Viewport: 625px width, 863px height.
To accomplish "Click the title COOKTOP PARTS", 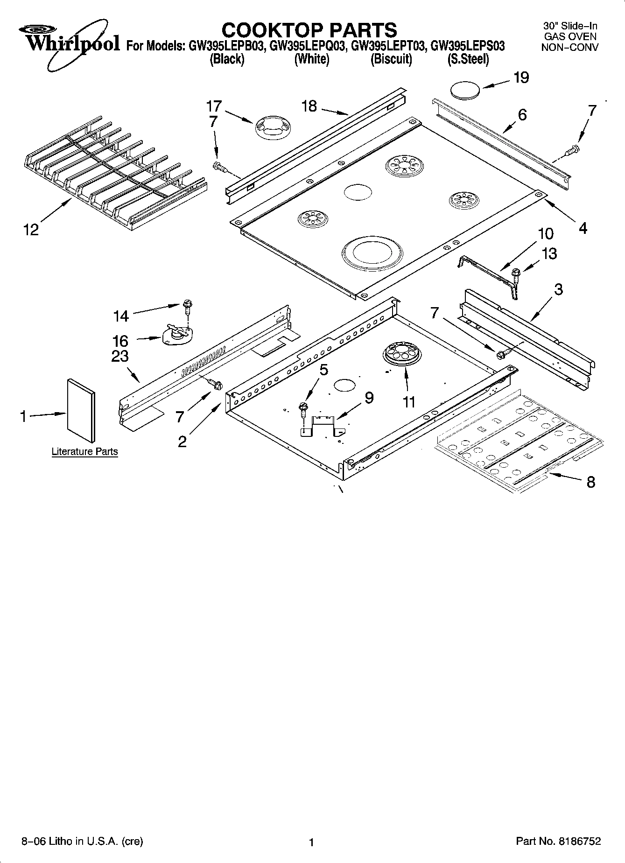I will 309,30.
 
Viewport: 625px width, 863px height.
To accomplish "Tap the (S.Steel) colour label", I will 468,60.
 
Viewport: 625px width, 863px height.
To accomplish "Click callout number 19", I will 521,77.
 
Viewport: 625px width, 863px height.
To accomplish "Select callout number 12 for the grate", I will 31,230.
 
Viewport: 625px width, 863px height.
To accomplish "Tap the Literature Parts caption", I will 84,451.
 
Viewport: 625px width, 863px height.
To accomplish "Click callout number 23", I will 120,356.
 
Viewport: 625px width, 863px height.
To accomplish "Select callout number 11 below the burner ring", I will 409,401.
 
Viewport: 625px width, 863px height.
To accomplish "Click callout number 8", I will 590,482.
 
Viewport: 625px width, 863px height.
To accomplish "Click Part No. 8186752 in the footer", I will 558,841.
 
